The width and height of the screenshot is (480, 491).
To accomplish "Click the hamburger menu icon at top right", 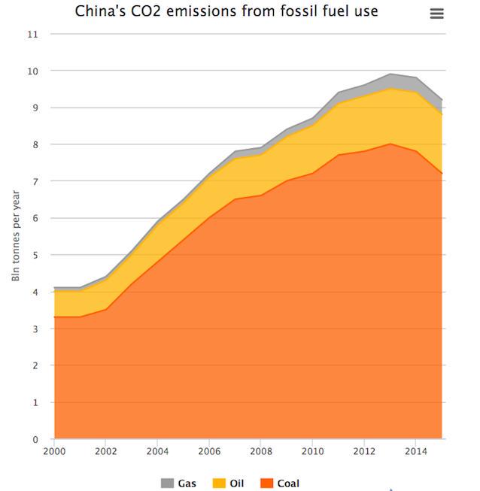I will pyautogui.click(x=436, y=14).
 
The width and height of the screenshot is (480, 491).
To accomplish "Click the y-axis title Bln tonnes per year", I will pyautogui.click(x=17, y=236).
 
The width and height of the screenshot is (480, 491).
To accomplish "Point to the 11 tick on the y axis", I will pyautogui.click(x=32, y=34).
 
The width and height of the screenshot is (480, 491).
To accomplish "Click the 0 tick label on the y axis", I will pyautogui.click(x=35, y=439).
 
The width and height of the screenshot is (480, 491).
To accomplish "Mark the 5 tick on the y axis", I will pyautogui.click(x=35, y=255).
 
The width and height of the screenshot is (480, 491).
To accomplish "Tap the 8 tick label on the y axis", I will pyautogui.click(x=35, y=144).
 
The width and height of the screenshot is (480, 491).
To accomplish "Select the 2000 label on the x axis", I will pyautogui.click(x=55, y=451).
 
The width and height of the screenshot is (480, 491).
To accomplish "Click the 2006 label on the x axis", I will pyautogui.click(x=209, y=451).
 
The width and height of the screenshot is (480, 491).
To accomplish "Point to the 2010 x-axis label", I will pyautogui.click(x=312, y=451).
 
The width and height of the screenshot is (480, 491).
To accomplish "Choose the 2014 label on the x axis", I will pyautogui.click(x=415, y=451).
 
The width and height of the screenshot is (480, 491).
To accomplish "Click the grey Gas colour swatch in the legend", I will pyautogui.click(x=167, y=483).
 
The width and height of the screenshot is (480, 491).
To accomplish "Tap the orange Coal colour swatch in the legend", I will pyautogui.click(x=266, y=483).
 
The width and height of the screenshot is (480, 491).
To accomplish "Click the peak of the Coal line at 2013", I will pyautogui.click(x=390, y=144).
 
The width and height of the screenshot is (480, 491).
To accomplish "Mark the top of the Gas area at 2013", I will pyautogui.click(x=390, y=74).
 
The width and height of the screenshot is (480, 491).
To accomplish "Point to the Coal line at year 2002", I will pyautogui.click(x=106, y=309).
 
